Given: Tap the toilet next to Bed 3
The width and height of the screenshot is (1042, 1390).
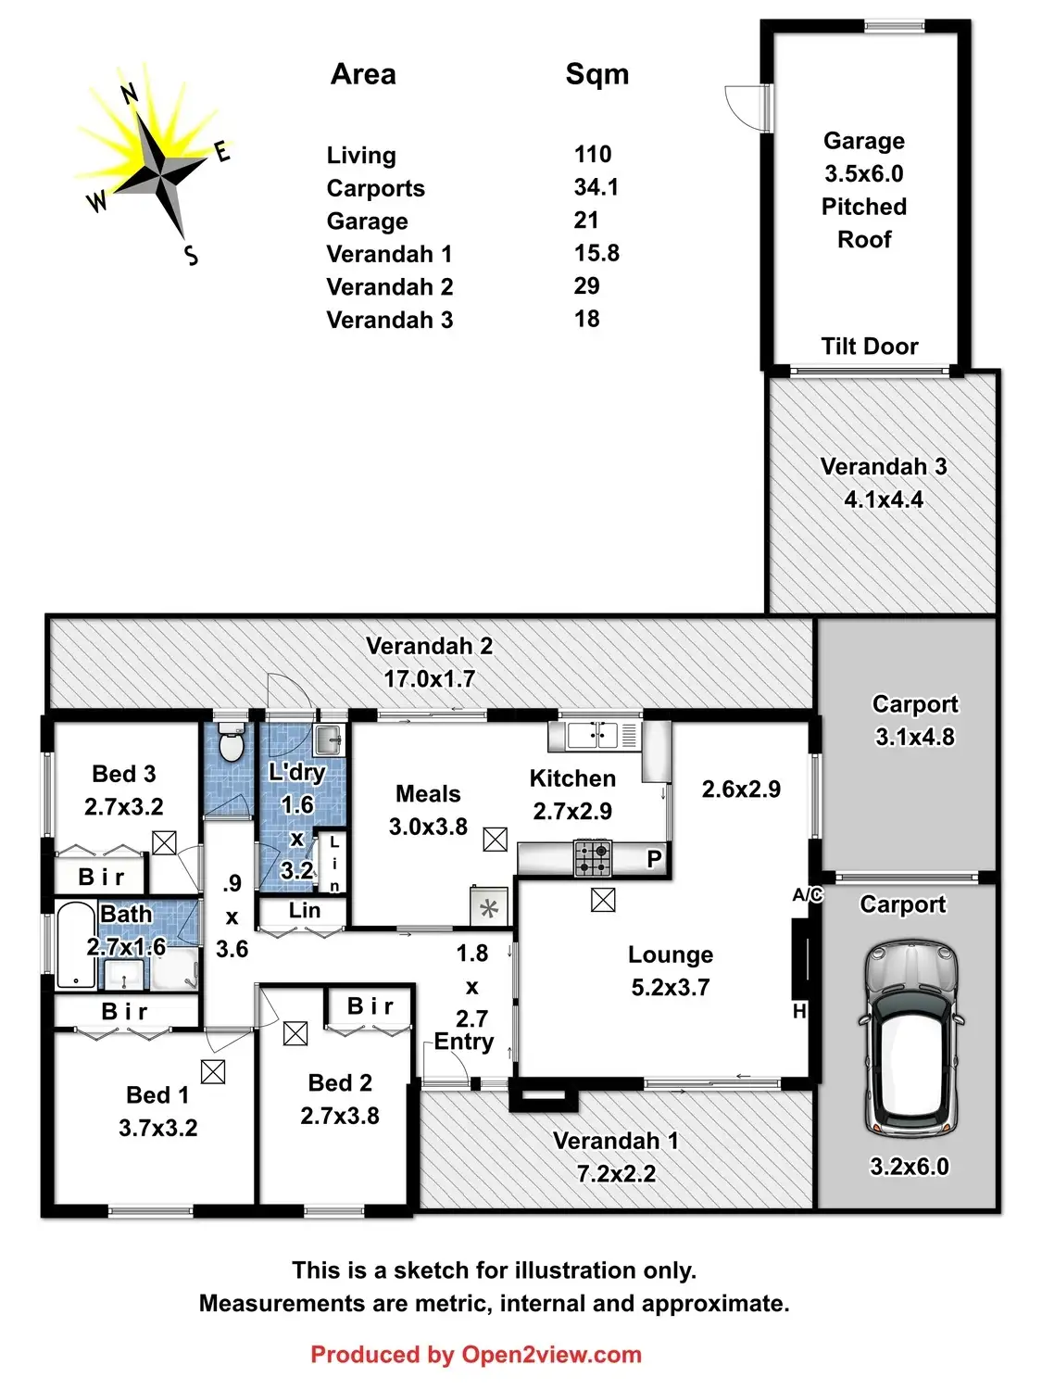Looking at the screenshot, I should click(230, 745).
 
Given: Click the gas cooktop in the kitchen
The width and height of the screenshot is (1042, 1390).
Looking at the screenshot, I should click(593, 858).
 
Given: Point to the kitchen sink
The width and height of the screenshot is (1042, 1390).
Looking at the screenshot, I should click(593, 736).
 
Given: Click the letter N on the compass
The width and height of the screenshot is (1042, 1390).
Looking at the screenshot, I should click(130, 93).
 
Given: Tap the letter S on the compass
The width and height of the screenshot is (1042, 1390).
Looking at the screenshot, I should click(191, 256).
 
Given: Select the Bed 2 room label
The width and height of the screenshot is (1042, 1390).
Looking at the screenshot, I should click(340, 1082).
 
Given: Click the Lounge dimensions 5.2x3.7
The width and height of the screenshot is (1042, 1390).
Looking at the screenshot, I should click(670, 988).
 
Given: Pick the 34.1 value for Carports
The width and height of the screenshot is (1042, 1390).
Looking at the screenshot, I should click(596, 187).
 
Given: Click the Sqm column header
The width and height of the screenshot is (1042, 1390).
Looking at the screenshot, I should click(596, 74).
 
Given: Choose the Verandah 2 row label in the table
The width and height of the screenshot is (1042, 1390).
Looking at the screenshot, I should click(389, 287).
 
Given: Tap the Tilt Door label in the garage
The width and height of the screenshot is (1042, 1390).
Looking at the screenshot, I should click(869, 347).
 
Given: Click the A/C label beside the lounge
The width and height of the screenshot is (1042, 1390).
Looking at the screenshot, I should click(807, 895).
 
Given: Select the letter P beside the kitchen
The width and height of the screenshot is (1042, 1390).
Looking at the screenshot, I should click(654, 859).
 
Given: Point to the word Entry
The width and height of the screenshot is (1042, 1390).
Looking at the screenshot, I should click(464, 1042).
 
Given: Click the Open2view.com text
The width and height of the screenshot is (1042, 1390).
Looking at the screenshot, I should click(551, 1355).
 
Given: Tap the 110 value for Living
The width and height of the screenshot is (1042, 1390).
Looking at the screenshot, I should click(593, 154).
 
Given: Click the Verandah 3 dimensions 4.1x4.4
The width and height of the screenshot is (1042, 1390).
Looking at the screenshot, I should click(883, 500).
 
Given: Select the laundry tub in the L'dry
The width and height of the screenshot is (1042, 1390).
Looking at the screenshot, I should click(329, 739).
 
